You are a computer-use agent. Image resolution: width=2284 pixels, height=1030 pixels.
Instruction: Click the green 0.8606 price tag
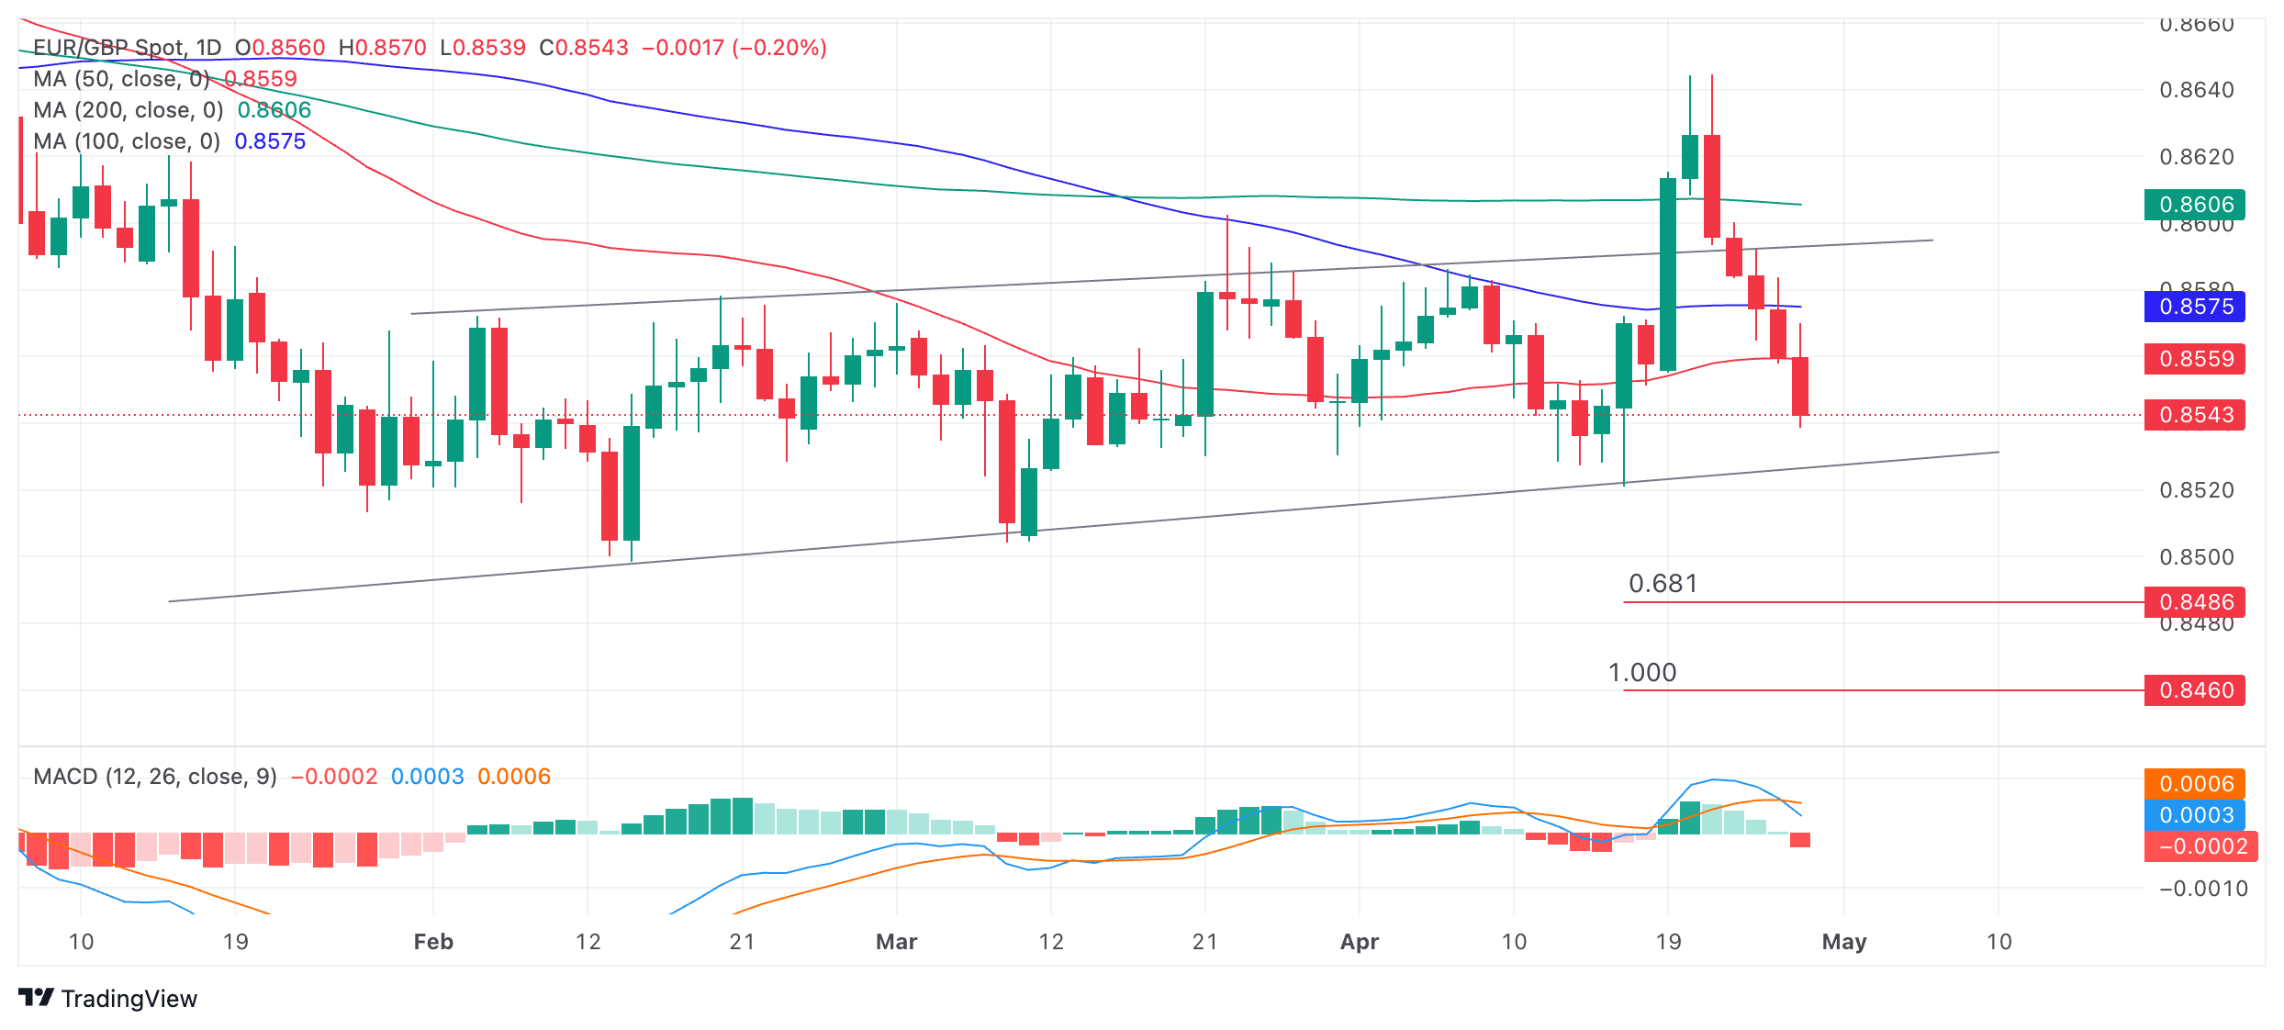pyautogui.click(x=2194, y=204)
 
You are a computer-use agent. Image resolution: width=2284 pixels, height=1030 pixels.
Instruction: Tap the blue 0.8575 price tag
pyautogui.click(x=2194, y=307)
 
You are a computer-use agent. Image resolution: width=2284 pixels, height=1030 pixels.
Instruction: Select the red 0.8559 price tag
pyautogui.click(x=2194, y=358)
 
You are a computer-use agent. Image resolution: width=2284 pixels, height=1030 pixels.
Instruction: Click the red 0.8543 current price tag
pyautogui.click(x=2194, y=415)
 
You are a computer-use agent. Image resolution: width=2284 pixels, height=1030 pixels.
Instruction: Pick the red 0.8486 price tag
pyautogui.click(x=2194, y=602)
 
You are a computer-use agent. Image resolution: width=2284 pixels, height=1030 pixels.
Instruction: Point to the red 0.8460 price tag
pyautogui.click(x=2194, y=690)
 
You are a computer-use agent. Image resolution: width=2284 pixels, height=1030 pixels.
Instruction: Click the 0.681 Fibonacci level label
pyautogui.click(x=1663, y=584)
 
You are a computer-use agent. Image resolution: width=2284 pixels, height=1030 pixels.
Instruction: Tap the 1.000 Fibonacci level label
pyautogui.click(x=1642, y=673)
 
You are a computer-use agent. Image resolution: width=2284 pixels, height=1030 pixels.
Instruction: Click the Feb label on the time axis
pyautogui.click(x=433, y=942)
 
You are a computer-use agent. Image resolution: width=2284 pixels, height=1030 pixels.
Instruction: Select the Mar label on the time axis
pyautogui.click(x=896, y=942)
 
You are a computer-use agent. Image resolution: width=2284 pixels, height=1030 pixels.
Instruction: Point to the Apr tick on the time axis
pyautogui.click(x=1359, y=942)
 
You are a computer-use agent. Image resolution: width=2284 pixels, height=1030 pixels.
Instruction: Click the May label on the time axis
pyautogui.click(x=1843, y=942)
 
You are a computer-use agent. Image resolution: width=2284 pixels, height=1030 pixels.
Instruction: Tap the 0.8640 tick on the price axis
pyautogui.click(x=2196, y=90)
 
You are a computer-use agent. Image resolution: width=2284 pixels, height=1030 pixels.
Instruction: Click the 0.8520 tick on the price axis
pyautogui.click(x=2196, y=490)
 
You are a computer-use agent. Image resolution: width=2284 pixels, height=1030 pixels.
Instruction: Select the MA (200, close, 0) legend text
pyautogui.click(x=129, y=110)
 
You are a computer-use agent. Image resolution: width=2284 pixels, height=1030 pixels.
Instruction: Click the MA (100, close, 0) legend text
pyautogui.click(x=127, y=141)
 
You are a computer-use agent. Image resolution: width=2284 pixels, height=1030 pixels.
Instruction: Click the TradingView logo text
pyautogui.click(x=129, y=999)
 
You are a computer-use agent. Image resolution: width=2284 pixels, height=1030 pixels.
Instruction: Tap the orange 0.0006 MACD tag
pyautogui.click(x=2194, y=784)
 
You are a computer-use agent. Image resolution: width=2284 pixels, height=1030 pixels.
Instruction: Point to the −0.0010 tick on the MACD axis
pyautogui.click(x=2202, y=889)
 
